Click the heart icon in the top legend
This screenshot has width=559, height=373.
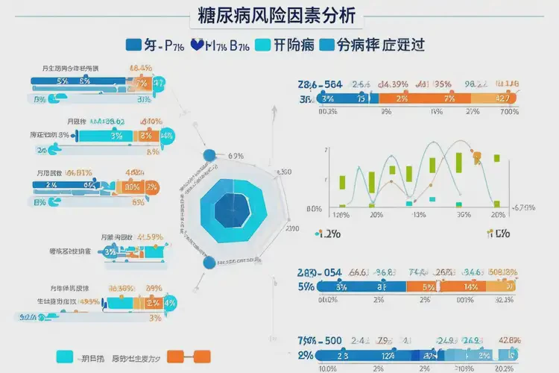click(x=198, y=44)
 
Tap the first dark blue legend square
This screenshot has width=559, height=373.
click(x=134, y=45)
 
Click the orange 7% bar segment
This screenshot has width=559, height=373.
click(x=449, y=98)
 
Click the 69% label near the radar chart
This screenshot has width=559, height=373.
click(x=235, y=156)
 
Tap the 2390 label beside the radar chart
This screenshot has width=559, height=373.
click(x=291, y=228)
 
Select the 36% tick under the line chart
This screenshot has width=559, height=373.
click(x=463, y=215)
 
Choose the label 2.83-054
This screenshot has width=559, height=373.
click(x=320, y=272)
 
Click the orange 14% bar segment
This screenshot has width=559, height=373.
click(x=470, y=286)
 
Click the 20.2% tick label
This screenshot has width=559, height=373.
click(x=505, y=368)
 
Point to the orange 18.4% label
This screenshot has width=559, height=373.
click(x=141, y=68)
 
